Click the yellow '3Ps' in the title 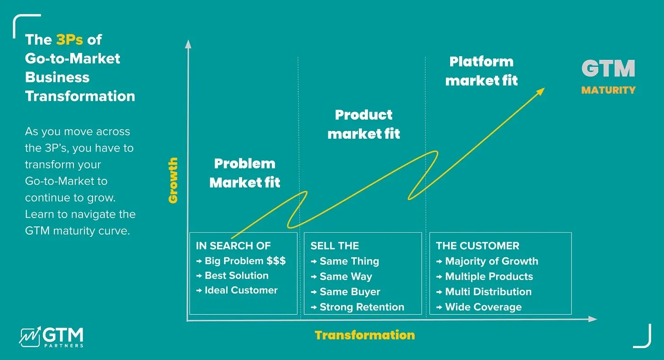point(69,40)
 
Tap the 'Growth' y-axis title point(173,180)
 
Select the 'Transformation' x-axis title point(364,335)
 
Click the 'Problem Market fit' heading point(244,173)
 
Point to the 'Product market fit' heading point(363,124)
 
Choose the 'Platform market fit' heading point(481,71)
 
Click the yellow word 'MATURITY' point(608,90)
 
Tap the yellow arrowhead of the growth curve point(540,91)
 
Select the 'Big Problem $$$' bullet point(245,261)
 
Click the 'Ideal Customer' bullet point(241,290)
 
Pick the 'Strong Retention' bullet point(362,307)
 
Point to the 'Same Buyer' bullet point(350,292)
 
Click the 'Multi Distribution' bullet point(488,292)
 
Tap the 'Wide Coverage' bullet point(483,307)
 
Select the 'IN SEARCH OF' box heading point(233,246)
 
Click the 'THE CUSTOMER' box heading point(477,246)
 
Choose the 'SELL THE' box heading point(335,246)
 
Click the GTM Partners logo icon point(30,336)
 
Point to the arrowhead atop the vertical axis point(187,43)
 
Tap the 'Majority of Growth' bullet point(491,261)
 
